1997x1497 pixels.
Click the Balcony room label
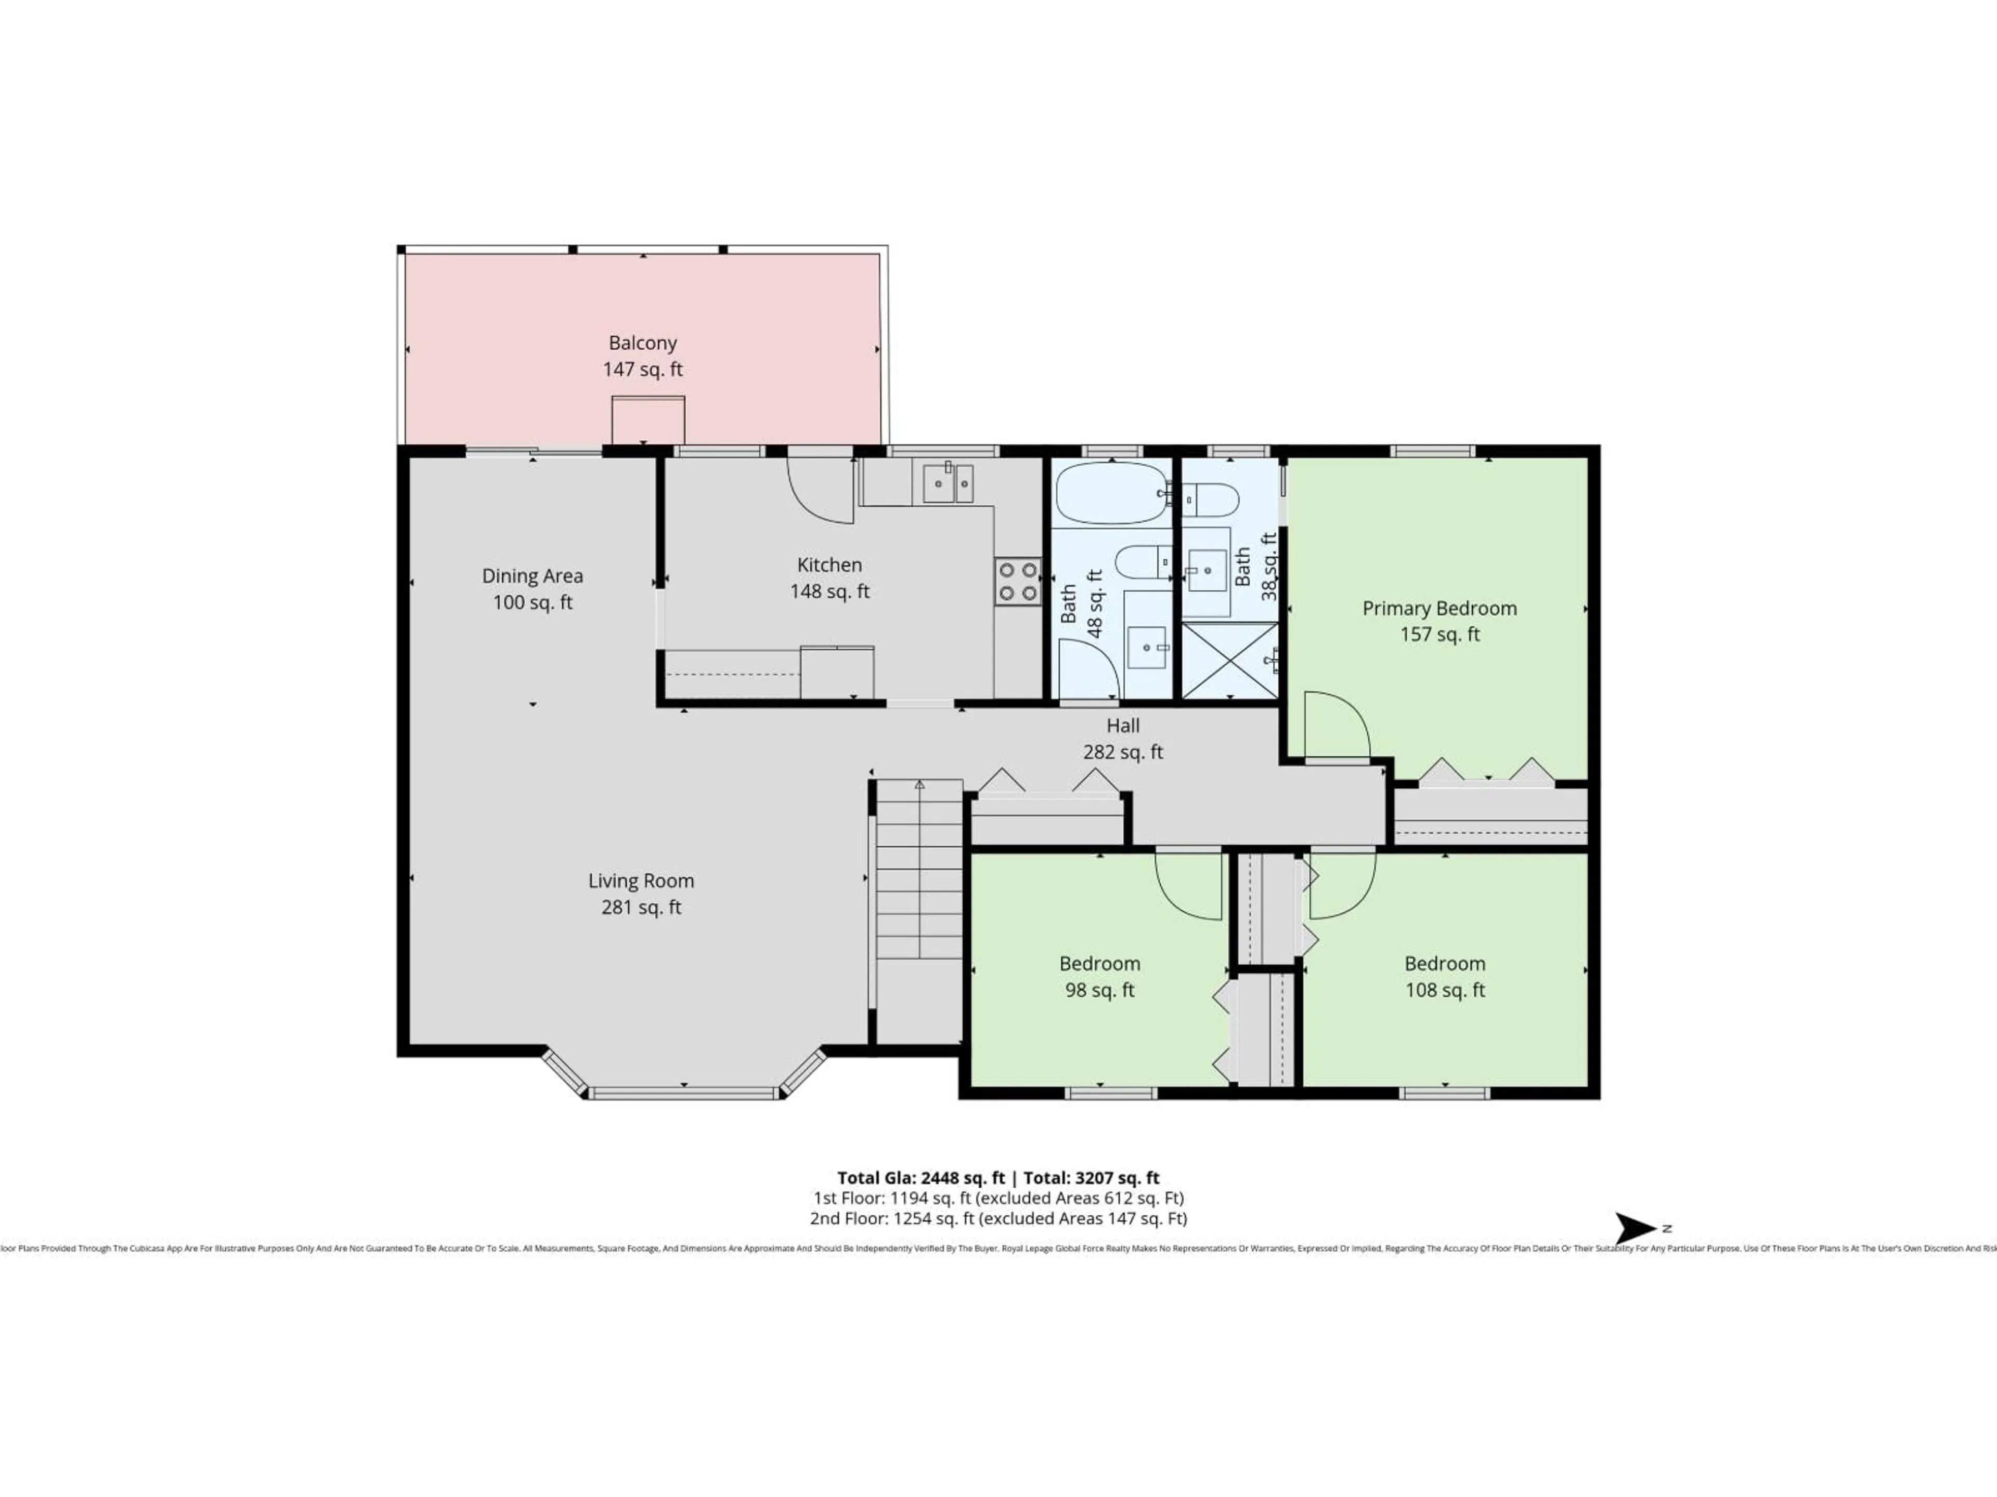point(642,343)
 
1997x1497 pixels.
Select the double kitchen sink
point(948,483)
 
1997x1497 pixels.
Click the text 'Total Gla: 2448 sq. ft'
point(921,1177)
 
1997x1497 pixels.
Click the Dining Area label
point(531,576)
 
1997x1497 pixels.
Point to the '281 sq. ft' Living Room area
point(641,907)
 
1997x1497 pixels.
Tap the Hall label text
point(1123,726)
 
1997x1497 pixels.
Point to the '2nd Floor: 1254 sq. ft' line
point(997,1218)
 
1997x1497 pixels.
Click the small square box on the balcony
point(647,421)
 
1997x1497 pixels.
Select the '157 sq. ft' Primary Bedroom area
point(1439,634)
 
